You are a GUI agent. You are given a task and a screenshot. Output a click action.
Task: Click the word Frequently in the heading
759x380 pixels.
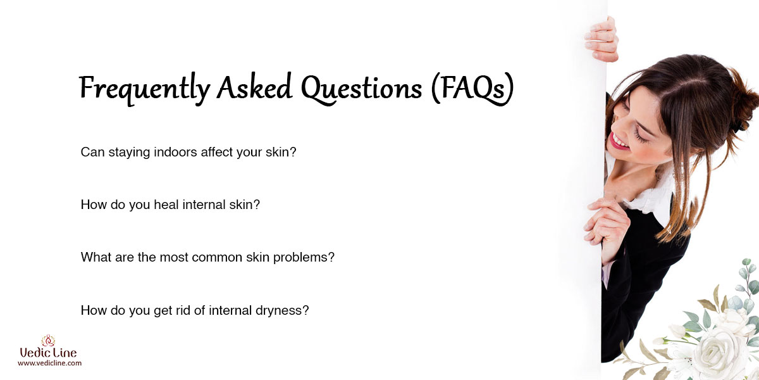click(145, 89)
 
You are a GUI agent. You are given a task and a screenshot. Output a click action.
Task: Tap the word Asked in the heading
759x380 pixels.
click(254, 86)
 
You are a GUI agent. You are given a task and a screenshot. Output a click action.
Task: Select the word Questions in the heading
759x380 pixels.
click(361, 88)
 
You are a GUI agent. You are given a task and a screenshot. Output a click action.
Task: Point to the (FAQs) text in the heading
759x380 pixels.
click(472, 88)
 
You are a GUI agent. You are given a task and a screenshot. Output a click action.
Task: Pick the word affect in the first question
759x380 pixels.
click(217, 151)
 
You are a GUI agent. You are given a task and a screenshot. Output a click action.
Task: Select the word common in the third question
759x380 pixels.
click(217, 257)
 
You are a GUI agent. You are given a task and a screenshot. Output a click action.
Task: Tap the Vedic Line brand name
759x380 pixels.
click(49, 353)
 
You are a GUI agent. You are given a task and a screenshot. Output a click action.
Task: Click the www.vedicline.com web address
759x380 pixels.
click(49, 363)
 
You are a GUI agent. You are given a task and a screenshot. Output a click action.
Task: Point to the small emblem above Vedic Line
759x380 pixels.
click(48, 340)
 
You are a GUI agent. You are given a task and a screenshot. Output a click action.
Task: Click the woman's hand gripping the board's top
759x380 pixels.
click(602, 40)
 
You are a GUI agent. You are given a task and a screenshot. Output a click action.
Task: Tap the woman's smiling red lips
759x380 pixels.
click(618, 142)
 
